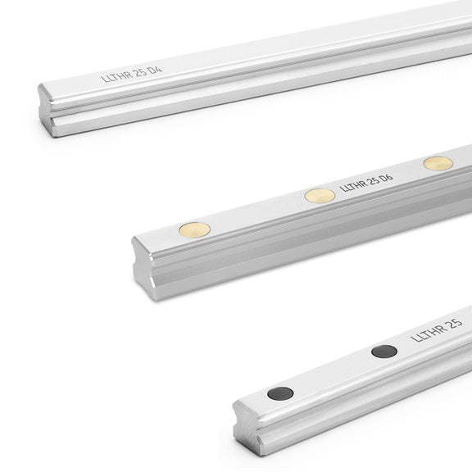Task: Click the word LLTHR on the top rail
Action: click(x=116, y=76)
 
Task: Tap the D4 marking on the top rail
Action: click(x=156, y=70)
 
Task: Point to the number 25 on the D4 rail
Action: click(x=141, y=73)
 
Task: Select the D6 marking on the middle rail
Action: click(x=387, y=178)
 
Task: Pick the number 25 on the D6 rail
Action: click(x=373, y=181)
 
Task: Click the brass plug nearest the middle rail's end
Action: click(x=194, y=230)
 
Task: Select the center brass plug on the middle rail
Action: click(x=320, y=196)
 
